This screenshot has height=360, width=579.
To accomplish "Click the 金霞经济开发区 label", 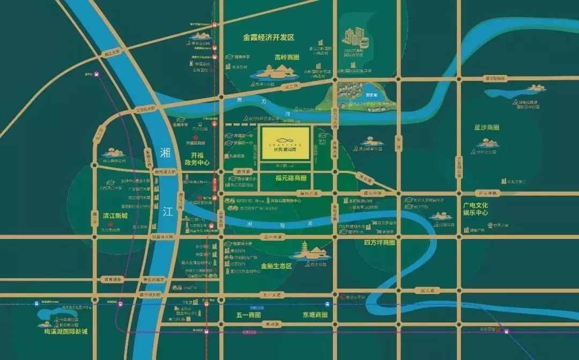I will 269,37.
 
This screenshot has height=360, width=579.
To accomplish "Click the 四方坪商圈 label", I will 379,243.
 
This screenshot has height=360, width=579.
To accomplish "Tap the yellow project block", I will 284,143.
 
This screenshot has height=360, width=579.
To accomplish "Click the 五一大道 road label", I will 272,295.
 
